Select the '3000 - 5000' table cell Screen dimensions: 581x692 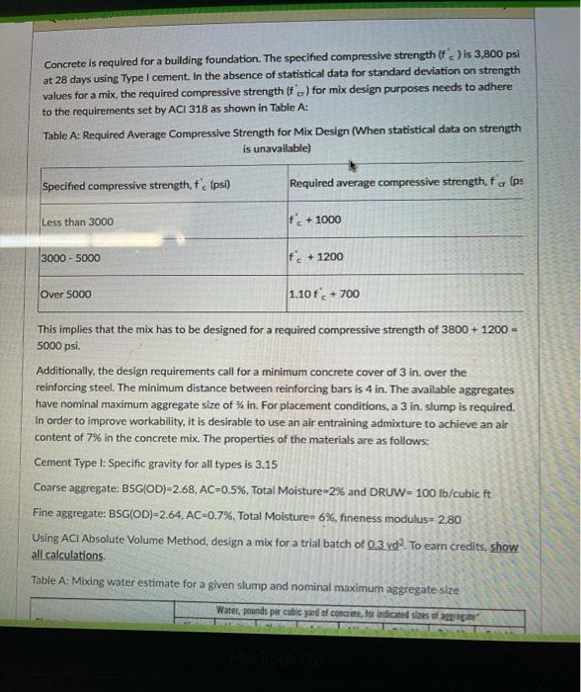(71, 258)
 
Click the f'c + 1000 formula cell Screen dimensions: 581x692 (316, 220)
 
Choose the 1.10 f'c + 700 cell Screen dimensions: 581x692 (324, 294)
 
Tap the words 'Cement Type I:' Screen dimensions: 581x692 (70, 463)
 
